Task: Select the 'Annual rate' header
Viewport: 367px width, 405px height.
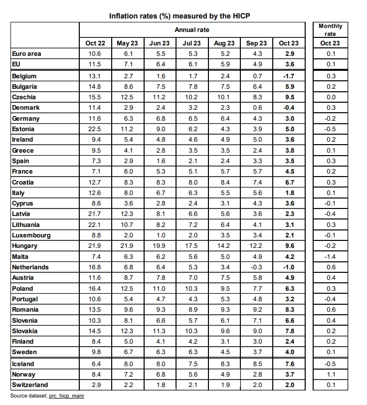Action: coord(192,30)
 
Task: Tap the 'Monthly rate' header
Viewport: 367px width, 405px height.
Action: coord(330,30)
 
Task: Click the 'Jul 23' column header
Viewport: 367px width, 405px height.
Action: coord(192,43)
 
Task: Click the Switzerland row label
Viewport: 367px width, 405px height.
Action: coord(30,385)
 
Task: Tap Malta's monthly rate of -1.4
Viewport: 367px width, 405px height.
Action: coord(330,256)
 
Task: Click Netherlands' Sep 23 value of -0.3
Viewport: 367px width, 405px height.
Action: coord(256,267)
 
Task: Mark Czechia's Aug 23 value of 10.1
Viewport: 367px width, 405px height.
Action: coord(224,97)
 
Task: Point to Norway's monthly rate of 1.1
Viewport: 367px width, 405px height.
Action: coord(330,375)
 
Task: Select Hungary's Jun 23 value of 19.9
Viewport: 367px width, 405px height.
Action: coord(160,246)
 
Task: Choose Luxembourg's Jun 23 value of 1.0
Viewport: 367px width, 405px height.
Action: coord(160,235)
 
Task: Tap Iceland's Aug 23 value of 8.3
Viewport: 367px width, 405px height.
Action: coord(224,364)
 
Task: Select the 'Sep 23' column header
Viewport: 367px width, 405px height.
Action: coord(256,43)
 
